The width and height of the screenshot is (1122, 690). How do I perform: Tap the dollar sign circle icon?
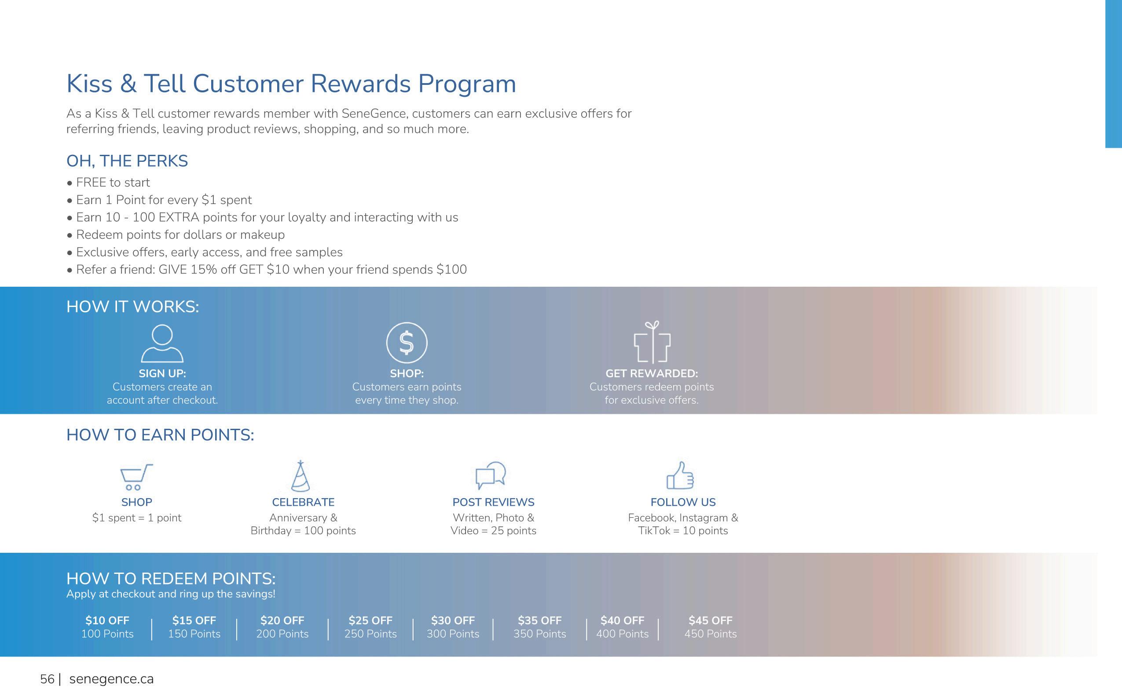(407, 342)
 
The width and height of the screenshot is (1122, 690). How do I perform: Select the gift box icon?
(652, 342)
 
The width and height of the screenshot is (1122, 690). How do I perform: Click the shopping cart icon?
(136, 476)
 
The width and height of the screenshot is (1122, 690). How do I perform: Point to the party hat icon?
(301, 476)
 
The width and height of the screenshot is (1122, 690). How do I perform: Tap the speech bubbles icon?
(491, 475)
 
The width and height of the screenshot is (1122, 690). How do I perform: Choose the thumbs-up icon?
(680, 475)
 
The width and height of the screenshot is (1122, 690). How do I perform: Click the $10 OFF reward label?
(107, 620)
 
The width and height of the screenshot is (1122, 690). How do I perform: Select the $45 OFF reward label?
(710, 620)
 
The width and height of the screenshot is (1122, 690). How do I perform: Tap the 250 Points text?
(370, 634)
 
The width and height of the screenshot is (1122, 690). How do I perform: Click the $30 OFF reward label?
(453, 620)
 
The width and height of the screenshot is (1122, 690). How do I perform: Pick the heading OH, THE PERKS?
(127, 161)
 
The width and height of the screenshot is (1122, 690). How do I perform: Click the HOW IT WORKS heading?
(133, 307)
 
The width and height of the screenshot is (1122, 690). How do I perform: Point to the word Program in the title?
(467, 85)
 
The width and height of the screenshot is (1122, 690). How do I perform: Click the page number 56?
(47, 679)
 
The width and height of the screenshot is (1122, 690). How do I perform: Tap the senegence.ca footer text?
(111, 679)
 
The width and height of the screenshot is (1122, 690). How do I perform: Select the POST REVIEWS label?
(493, 502)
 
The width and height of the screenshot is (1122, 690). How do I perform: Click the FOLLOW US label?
(683, 502)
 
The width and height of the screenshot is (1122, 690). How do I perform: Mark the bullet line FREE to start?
(108, 183)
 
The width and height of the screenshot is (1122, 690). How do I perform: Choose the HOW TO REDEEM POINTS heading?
(171, 579)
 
